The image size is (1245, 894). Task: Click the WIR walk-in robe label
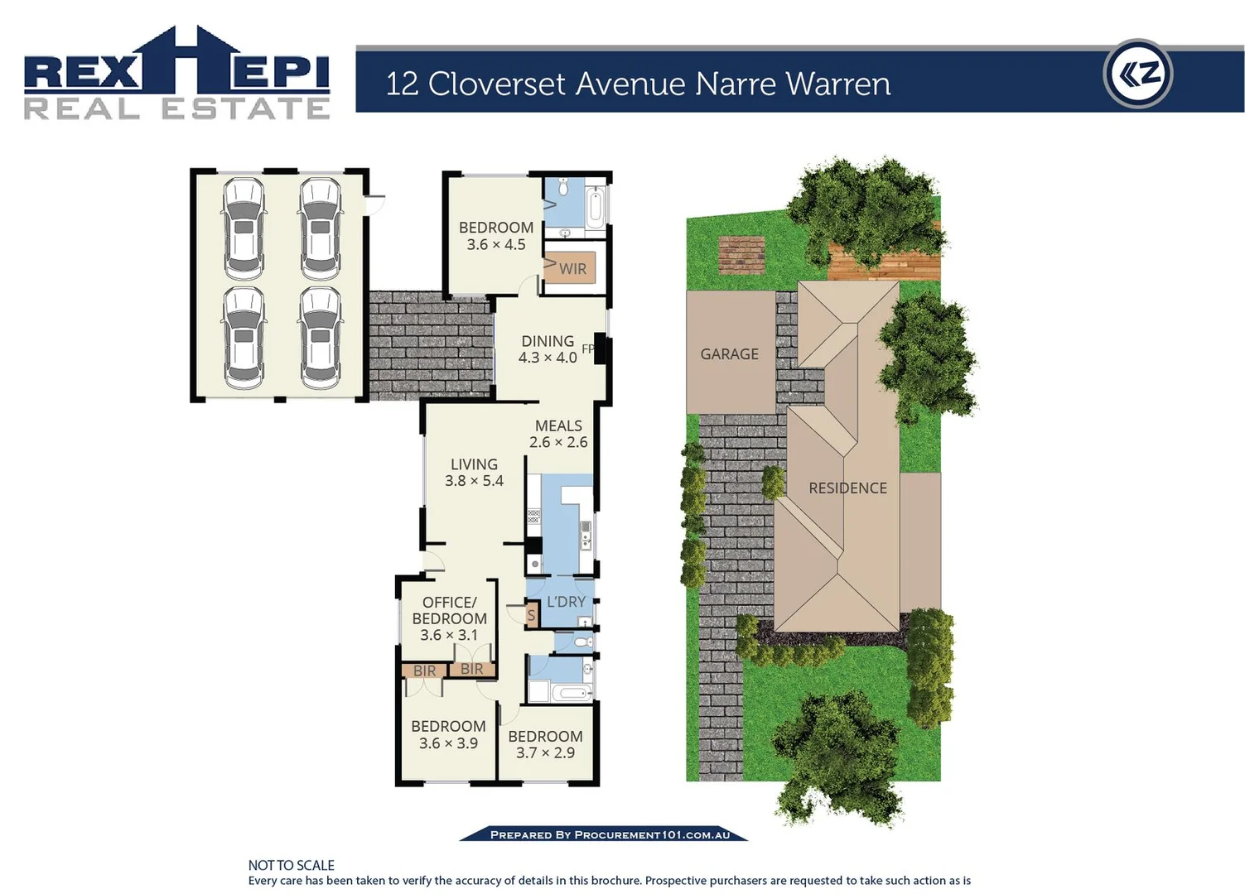tap(572, 269)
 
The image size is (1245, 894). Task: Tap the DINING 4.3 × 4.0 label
tap(548, 349)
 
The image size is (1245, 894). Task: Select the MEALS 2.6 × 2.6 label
tap(558, 434)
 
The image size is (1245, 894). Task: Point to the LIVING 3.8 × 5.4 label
tap(474, 473)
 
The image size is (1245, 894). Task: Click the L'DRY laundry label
tap(567, 602)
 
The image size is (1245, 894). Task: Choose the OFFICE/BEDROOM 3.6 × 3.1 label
tap(449, 618)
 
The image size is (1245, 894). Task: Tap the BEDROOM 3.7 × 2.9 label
tap(545, 744)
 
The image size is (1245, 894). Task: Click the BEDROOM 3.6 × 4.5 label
tap(496, 236)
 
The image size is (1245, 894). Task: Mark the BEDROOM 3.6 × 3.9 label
tap(448, 734)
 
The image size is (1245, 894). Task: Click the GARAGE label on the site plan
tap(729, 354)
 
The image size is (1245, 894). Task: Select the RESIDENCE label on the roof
tap(847, 488)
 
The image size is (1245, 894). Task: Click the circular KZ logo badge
tap(1138, 74)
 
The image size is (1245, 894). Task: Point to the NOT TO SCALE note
tap(292, 865)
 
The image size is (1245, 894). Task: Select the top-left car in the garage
tap(244, 229)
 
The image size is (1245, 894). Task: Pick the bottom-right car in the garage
tap(321, 338)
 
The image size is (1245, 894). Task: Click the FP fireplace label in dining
tap(587, 349)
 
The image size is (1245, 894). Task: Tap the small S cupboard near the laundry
tap(531, 615)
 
